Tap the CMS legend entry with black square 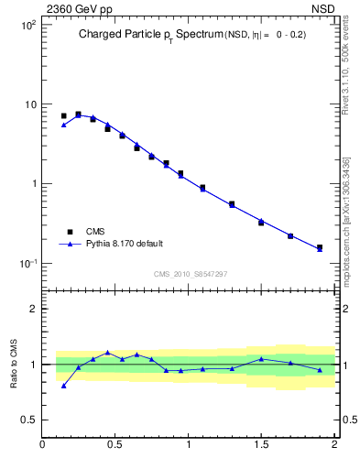coord(86,232)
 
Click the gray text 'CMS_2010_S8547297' coord(190,274)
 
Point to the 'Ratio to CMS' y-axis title coord(14,364)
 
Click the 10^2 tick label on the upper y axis coord(27,25)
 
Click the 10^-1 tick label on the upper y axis coord(27,263)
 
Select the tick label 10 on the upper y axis coord(29,104)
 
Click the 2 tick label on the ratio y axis coord(33,309)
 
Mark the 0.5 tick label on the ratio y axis coord(28,420)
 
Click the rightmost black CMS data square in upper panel coord(320,247)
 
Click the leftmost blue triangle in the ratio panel coord(63,386)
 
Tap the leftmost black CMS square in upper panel coord(63,116)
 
